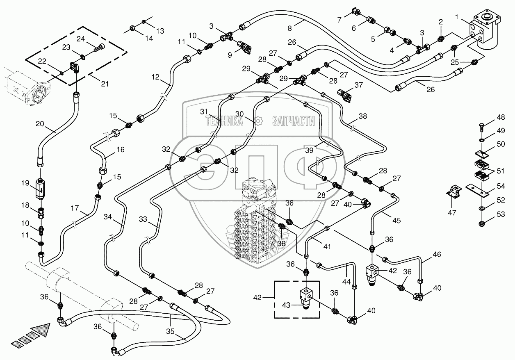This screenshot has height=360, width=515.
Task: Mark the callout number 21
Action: (x=105, y=84)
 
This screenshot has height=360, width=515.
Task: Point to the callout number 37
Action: (x=359, y=85)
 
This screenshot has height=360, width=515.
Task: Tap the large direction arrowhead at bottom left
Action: (x=41, y=329)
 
